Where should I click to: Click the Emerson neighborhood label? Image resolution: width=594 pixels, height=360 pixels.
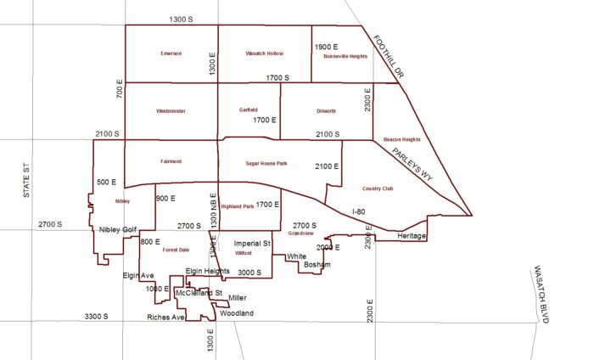tap(171, 53)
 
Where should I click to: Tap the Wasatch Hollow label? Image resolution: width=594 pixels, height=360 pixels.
tap(264, 53)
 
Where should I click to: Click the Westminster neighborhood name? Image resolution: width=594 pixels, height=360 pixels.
tap(171, 111)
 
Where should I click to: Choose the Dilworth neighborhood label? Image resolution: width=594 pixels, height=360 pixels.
tap(325, 111)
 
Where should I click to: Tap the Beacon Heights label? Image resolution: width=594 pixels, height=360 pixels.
tap(402, 138)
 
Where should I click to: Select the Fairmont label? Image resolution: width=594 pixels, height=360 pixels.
tap(171, 161)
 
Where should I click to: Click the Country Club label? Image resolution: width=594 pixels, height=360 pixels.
tap(377, 188)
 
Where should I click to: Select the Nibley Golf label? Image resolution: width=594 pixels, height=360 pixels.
tap(117, 230)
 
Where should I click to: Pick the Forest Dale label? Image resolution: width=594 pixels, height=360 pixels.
tap(176, 250)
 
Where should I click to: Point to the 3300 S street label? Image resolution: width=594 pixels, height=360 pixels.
tap(98, 317)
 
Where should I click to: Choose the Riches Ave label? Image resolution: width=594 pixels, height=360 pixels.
tap(165, 318)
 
